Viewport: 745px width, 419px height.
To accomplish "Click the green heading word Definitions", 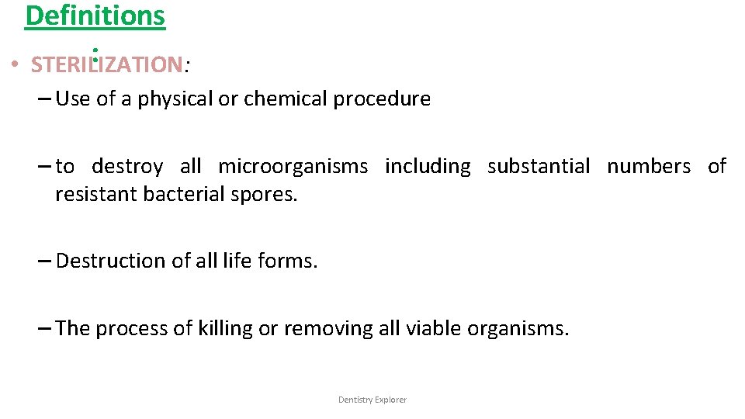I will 95,16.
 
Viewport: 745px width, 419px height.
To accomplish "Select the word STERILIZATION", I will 107,64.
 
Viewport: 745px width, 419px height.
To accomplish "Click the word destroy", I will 127,166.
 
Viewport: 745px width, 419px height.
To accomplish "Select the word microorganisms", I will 293,166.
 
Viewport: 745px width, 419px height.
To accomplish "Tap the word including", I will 428,166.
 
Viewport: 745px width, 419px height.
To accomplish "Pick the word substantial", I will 539,166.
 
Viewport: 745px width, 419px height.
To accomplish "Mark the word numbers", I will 649,166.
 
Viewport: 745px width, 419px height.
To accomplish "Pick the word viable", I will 435,328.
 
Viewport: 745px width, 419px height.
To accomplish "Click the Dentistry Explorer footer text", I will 372,400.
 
